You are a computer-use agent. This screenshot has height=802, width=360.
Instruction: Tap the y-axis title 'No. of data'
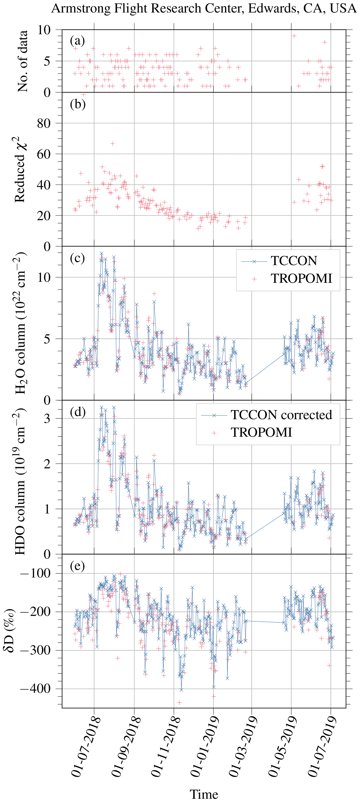(22, 61)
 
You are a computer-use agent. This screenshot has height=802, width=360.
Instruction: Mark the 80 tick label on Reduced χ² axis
(44, 123)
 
